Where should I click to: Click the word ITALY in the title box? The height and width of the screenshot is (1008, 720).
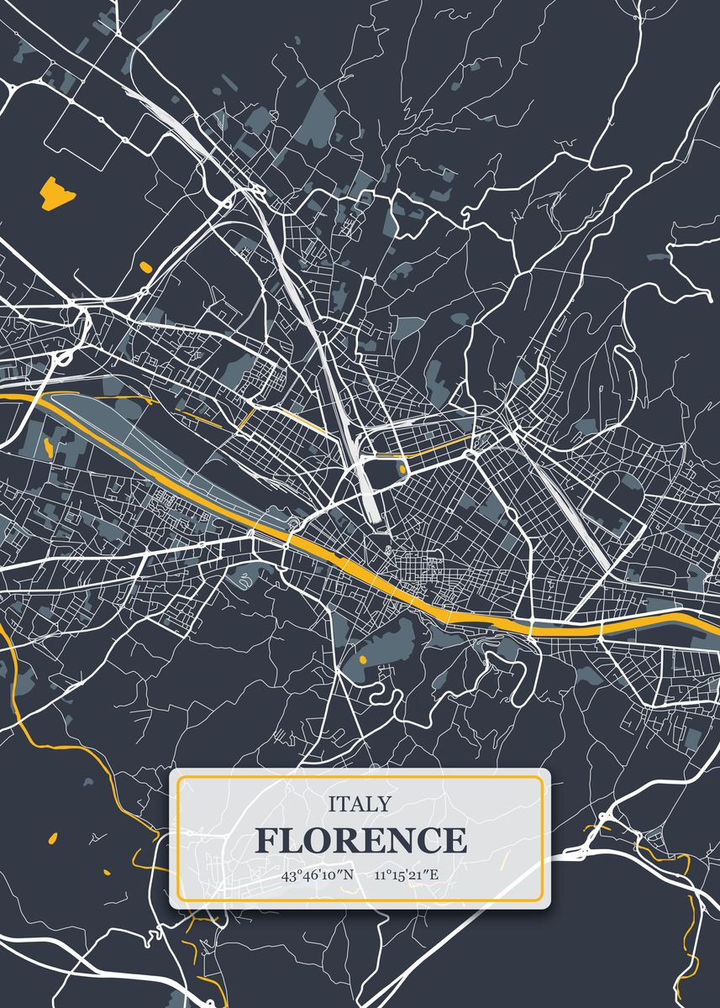point(360,804)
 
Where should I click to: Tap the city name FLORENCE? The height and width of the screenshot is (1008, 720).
point(360,840)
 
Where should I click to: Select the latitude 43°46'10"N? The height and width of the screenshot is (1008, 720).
point(318,875)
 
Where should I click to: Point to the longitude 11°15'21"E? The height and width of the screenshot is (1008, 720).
point(407,875)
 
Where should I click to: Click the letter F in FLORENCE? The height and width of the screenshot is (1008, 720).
point(267,840)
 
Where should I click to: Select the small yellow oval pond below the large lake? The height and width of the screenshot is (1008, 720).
point(145,267)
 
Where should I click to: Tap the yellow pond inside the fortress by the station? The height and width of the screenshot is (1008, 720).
point(402,468)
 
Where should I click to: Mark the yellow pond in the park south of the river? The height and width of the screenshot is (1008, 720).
point(363,660)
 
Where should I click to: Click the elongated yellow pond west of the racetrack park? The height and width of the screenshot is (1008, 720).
point(48,446)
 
